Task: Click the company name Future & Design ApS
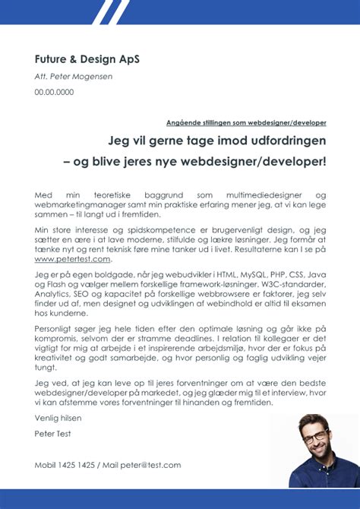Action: (87, 59)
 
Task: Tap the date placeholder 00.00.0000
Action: (54, 92)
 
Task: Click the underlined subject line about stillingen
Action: (246, 122)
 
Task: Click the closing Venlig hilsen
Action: (58, 418)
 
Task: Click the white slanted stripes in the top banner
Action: (107, 11)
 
